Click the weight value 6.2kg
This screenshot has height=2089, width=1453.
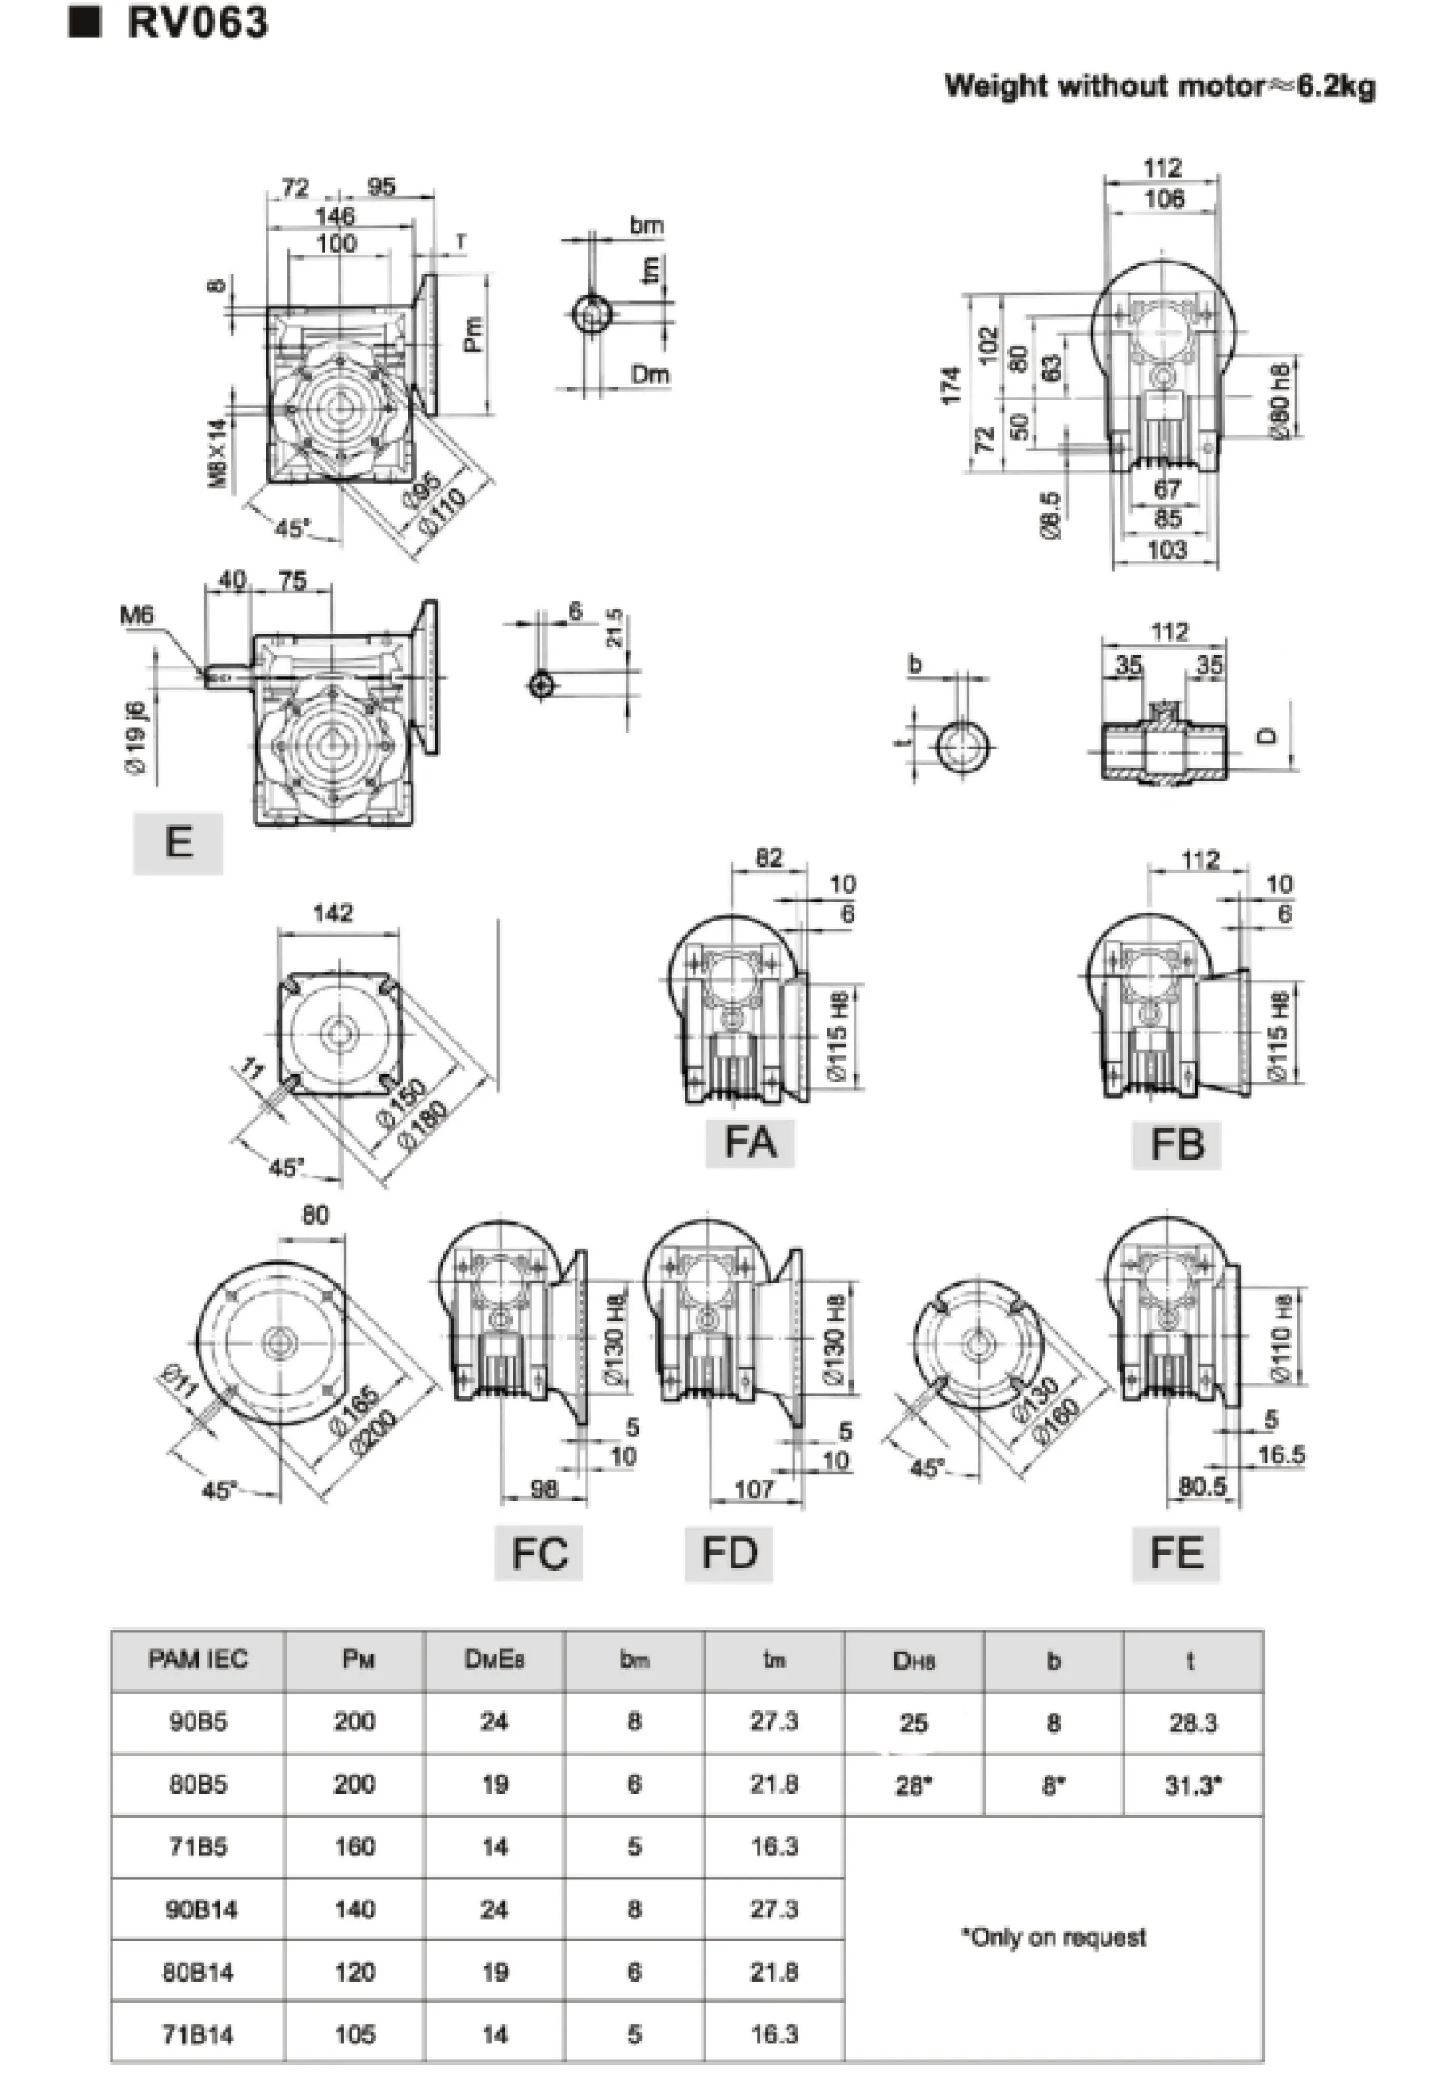tap(1336, 86)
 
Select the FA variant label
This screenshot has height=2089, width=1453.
tap(750, 1143)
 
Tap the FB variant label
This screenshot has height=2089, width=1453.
tap(1175, 1145)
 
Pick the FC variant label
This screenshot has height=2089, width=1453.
tap(538, 1553)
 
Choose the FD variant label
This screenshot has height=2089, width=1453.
tap(729, 1553)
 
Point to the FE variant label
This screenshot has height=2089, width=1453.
tap(1175, 1553)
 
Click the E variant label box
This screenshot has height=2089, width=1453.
tap(178, 842)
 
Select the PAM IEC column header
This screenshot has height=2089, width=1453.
tap(198, 1659)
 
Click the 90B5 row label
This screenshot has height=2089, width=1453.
tap(198, 1722)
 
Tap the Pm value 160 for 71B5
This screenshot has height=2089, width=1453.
tap(354, 1847)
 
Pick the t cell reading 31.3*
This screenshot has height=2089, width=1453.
tap(1193, 1785)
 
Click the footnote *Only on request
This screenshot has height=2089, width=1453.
tap(1053, 1937)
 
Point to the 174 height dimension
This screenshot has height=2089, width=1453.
tap(952, 385)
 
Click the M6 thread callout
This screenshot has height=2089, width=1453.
tap(136, 616)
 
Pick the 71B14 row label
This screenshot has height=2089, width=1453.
tap(198, 2034)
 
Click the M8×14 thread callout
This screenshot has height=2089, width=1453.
tap(217, 453)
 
